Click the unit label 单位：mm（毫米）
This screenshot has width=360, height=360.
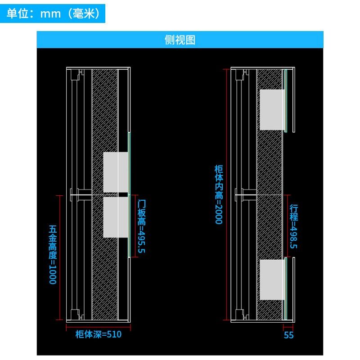(x=53, y=13)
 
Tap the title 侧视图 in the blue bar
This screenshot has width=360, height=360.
(x=180, y=40)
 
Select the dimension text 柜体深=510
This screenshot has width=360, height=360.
(x=99, y=334)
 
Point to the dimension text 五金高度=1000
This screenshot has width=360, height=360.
(x=53, y=255)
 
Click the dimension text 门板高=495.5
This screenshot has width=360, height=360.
(x=141, y=226)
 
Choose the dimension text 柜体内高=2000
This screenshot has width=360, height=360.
(x=219, y=194)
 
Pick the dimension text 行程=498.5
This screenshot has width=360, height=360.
(x=294, y=226)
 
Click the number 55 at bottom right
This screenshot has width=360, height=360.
(x=288, y=335)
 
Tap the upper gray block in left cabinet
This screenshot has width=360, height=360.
(x=116, y=172)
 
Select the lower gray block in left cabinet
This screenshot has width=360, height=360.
(x=116, y=217)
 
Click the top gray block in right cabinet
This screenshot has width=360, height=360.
(x=272, y=110)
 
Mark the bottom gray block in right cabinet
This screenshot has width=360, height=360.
(x=272, y=279)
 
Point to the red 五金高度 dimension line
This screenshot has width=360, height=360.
(x=60, y=257)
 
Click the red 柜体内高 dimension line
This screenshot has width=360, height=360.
(x=227, y=194)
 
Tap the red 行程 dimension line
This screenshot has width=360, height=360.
(x=288, y=226)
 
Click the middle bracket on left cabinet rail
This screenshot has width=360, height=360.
(x=81, y=195)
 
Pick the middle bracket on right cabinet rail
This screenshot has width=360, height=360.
(x=246, y=195)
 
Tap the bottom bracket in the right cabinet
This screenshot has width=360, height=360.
(x=242, y=314)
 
